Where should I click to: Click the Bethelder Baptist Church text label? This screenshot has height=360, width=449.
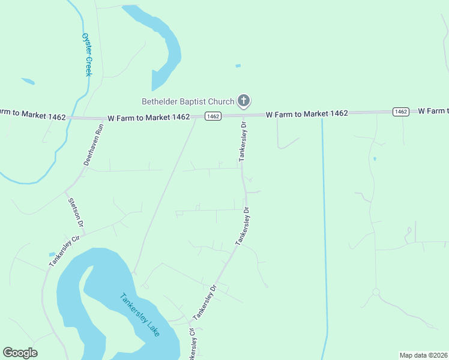(x=187, y=101)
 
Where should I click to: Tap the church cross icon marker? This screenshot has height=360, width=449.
(x=244, y=101)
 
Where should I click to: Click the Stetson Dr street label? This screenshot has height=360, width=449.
(x=76, y=212)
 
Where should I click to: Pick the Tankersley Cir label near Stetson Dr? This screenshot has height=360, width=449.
(x=64, y=246)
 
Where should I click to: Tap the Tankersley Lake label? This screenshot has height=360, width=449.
(x=139, y=314)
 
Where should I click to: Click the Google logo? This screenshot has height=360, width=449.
(x=20, y=353)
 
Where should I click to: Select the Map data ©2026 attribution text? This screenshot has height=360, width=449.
(x=424, y=355)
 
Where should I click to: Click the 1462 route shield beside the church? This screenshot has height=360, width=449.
(x=213, y=116)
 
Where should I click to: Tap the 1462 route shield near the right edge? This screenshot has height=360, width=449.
(x=401, y=112)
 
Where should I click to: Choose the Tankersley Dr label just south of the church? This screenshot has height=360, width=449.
(x=244, y=142)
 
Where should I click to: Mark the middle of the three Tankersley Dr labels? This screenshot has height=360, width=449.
(x=242, y=226)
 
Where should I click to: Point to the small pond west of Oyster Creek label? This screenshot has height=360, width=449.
(x=28, y=81)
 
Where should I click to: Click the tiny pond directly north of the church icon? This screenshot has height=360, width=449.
(x=238, y=65)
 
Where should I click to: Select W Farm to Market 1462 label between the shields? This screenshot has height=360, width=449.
(x=307, y=113)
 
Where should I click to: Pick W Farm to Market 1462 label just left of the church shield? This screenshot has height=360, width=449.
(x=149, y=117)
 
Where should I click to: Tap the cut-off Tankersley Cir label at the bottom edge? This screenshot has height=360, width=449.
(x=193, y=344)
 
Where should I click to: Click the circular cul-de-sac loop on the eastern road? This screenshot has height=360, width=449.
(x=376, y=292)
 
